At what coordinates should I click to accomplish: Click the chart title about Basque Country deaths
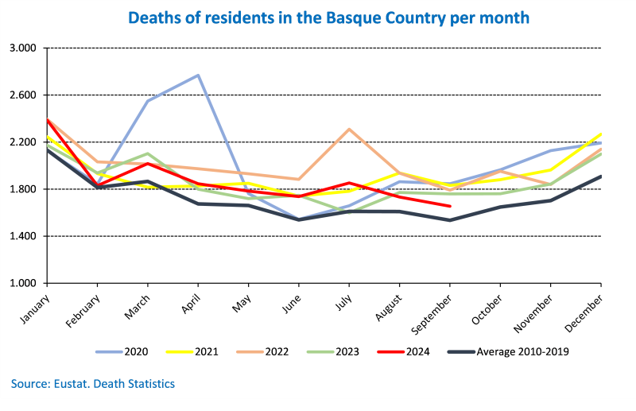(x=318, y=16)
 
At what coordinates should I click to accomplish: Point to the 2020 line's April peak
(x=198, y=76)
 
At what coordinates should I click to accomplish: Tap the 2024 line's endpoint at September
(x=450, y=207)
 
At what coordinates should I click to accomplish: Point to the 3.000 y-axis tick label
(x=24, y=48)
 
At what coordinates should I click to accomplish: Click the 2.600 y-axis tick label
(x=24, y=95)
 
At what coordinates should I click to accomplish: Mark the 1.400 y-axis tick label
(x=24, y=236)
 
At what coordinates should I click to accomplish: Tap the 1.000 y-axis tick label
(x=24, y=283)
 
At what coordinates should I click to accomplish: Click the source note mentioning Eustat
(x=93, y=384)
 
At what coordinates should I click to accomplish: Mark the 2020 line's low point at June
(x=299, y=219)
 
